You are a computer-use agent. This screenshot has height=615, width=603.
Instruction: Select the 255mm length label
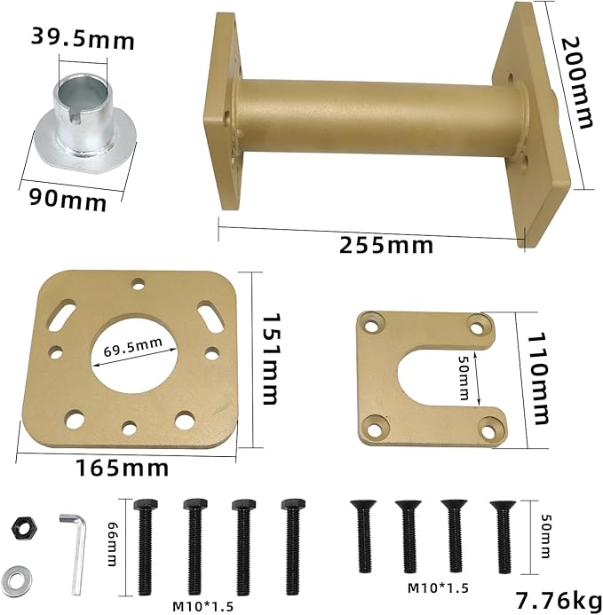click(x=386, y=245)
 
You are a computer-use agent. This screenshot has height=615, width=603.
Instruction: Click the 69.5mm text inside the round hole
click(x=133, y=343)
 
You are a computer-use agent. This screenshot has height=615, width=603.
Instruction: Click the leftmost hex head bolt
click(x=146, y=547)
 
